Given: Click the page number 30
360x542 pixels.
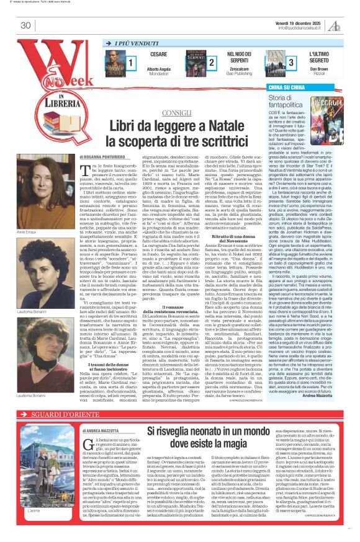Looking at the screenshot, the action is pos(26,25).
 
